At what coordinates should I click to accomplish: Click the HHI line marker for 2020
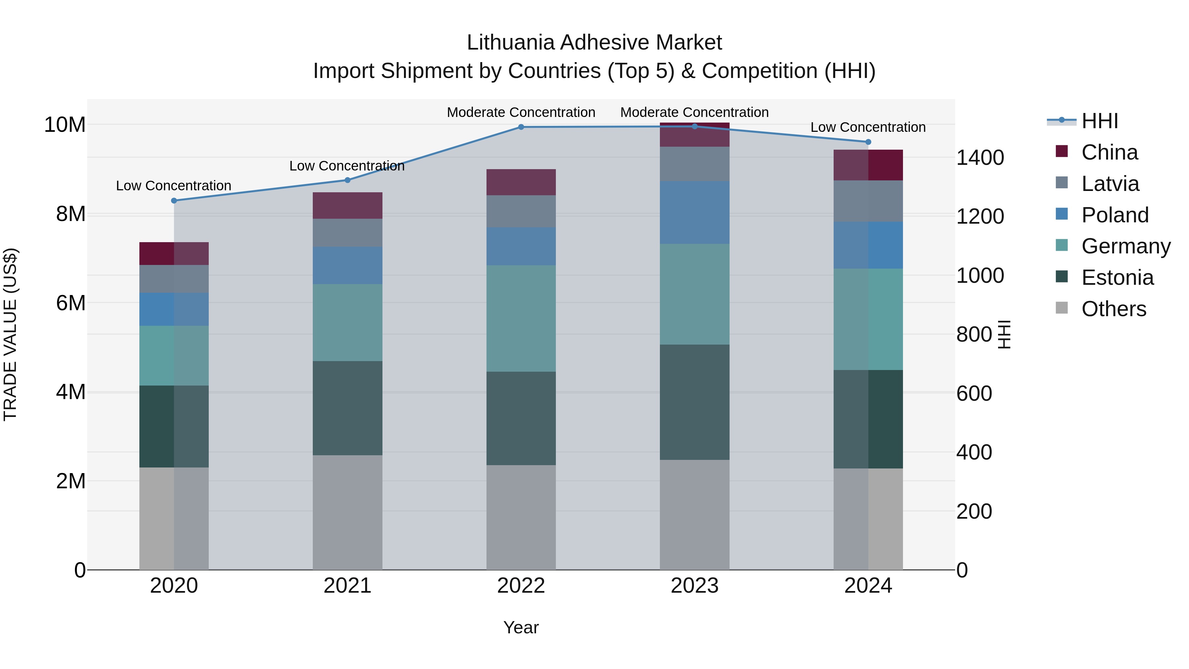tap(174, 201)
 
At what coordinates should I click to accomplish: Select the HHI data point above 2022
tap(521, 127)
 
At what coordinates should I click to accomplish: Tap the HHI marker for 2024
tap(868, 142)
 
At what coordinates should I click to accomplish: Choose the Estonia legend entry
tap(1117, 278)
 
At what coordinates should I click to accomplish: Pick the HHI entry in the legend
tap(1099, 121)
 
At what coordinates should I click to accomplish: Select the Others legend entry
tap(1113, 309)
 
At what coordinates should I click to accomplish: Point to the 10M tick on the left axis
tap(65, 125)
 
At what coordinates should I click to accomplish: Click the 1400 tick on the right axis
tap(980, 158)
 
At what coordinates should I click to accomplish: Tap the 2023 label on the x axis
tap(694, 586)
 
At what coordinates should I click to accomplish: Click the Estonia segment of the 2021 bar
tap(347, 408)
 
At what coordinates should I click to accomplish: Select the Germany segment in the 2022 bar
tap(521, 318)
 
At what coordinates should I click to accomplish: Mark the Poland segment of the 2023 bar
tap(695, 212)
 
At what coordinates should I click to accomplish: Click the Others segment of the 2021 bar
tap(347, 512)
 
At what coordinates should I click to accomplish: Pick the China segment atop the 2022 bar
tap(521, 182)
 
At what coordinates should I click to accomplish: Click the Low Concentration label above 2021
tap(347, 166)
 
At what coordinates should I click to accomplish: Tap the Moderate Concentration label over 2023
tap(694, 112)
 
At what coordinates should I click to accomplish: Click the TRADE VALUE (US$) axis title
tap(10, 334)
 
